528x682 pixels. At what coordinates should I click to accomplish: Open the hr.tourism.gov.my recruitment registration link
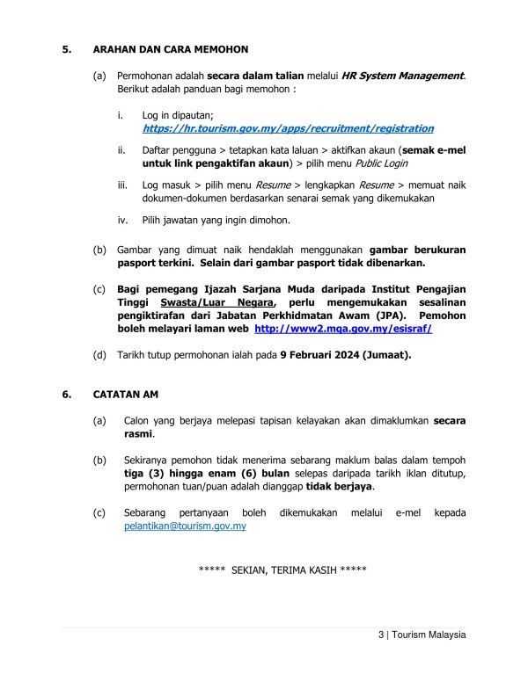[x=288, y=128]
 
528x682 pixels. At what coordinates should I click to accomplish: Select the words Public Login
[x=381, y=163]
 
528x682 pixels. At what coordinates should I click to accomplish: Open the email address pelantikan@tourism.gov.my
[x=185, y=526]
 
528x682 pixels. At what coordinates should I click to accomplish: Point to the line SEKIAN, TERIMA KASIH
[x=282, y=570]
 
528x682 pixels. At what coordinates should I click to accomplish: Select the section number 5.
[x=65, y=49]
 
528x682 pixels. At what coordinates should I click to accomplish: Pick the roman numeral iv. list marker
[x=122, y=220]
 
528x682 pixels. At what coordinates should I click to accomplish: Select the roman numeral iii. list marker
[x=122, y=185]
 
